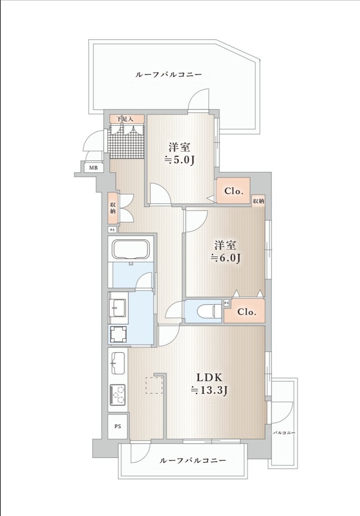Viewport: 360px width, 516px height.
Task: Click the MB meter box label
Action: (93, 168)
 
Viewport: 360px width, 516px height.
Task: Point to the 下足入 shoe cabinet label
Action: (125, 119)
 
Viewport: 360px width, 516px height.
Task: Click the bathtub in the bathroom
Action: (131, 250)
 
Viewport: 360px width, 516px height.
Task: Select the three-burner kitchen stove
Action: (118, 395)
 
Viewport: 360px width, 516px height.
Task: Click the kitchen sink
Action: (118, 364)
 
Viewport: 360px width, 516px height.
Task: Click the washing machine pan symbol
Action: (118, 334)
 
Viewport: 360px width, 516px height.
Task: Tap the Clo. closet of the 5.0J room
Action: (233, 191)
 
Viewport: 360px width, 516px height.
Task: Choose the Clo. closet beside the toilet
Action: (244, 311)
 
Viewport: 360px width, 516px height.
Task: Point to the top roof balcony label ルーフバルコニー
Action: (169, 74)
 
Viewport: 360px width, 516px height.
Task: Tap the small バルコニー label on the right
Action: (284, 433)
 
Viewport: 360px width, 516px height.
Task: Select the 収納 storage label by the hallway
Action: (113, 208)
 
